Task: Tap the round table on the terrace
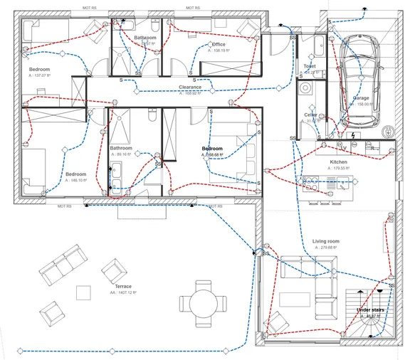point(204,302)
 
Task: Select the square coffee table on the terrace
point(84,292)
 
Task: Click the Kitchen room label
point(339,162)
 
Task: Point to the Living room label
point(326,241)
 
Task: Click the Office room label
point(219,44)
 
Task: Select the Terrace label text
point(122,286)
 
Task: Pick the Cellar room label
point(310,115)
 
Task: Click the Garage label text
point(362,97)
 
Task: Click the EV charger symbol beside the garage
point(388,132)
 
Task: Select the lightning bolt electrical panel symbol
point(353,134)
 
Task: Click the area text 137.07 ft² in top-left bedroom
point(40,75)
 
